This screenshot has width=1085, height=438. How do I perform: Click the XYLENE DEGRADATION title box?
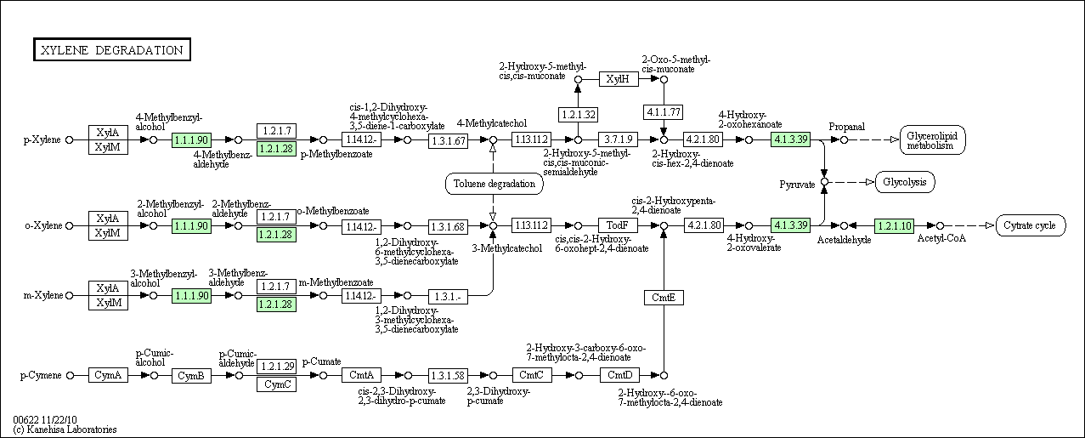click(112, 49)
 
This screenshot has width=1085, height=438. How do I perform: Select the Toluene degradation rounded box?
click(494, 184)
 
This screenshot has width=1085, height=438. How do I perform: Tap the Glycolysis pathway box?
click(905, 182)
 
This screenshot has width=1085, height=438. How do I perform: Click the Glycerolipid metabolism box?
click(932, 140)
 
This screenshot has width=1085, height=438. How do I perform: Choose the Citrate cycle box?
click(1031, 225)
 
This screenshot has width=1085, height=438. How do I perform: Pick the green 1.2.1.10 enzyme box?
click(894, 225)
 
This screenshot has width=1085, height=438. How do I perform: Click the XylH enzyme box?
click(619, 79)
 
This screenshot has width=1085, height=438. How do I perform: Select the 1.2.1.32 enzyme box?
click(578, 115)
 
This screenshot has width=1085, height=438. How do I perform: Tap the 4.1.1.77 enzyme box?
click(664, 112)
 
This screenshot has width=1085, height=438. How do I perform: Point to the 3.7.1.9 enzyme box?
click(618, 139)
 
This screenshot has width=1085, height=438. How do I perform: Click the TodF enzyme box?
click(618, 225)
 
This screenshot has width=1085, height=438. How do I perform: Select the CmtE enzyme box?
click(664, 298)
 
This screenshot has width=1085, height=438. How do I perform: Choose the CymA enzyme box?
click(108, 375)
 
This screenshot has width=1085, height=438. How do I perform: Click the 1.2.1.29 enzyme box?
click(276, 367)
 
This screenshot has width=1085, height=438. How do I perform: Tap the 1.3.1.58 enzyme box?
click(448, 375)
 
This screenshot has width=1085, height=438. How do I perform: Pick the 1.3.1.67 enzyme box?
click(448, 140)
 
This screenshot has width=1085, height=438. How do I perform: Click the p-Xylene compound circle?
click(70, 139)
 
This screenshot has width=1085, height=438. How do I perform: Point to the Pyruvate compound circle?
click(824, 182)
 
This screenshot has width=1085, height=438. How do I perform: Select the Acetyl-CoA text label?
click(941, 238)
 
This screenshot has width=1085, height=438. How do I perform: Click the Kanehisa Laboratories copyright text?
click(65, 429)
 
